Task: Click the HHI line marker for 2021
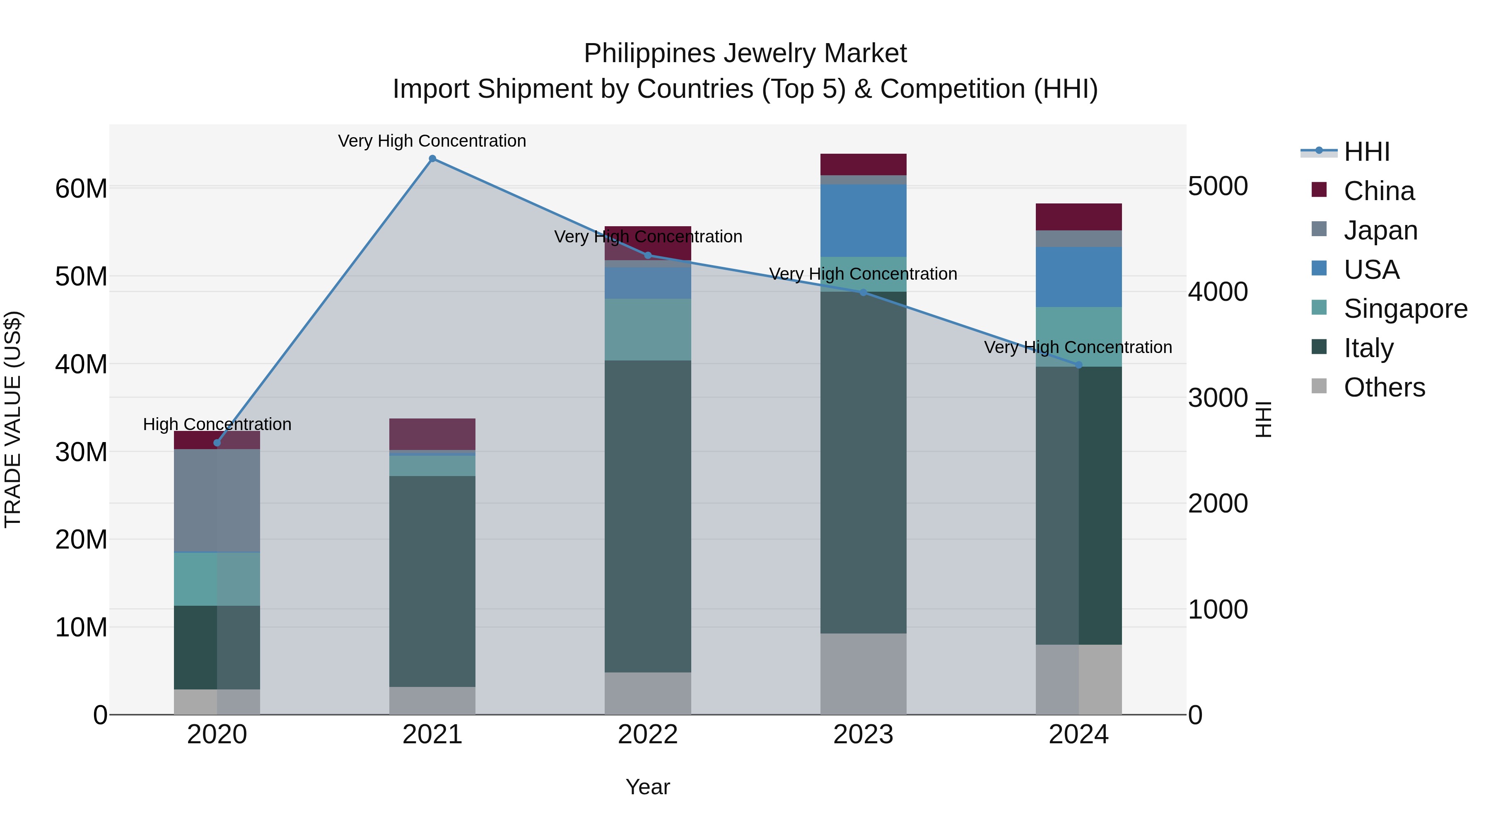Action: (432, 159)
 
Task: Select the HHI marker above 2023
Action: (863, 293)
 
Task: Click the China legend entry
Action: (1379, 191)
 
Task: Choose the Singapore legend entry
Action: (1405, 309)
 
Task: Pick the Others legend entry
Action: (1384, 387)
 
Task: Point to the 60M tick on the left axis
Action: (81, 189)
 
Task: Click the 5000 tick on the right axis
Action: (1218, 186)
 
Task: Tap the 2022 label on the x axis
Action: (648, 735)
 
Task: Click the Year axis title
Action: (648, 787)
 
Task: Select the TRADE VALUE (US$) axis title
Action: (13, 419)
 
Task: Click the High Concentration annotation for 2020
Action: (217, 424)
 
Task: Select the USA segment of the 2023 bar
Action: (863, 220)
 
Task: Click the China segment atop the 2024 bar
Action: (1078, 217)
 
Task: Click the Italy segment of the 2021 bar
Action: (432, 581)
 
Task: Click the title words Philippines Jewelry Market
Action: (745, 53)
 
